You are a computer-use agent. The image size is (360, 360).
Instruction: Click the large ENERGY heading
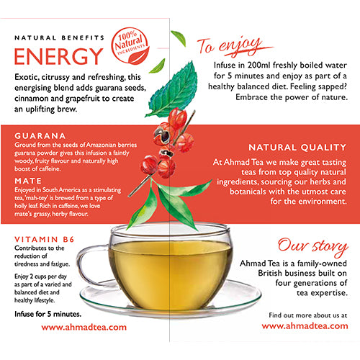[59, 56]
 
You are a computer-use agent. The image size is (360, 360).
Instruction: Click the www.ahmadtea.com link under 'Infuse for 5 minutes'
[84, 326]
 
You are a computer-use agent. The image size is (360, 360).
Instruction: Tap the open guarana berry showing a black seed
[164, 134]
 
